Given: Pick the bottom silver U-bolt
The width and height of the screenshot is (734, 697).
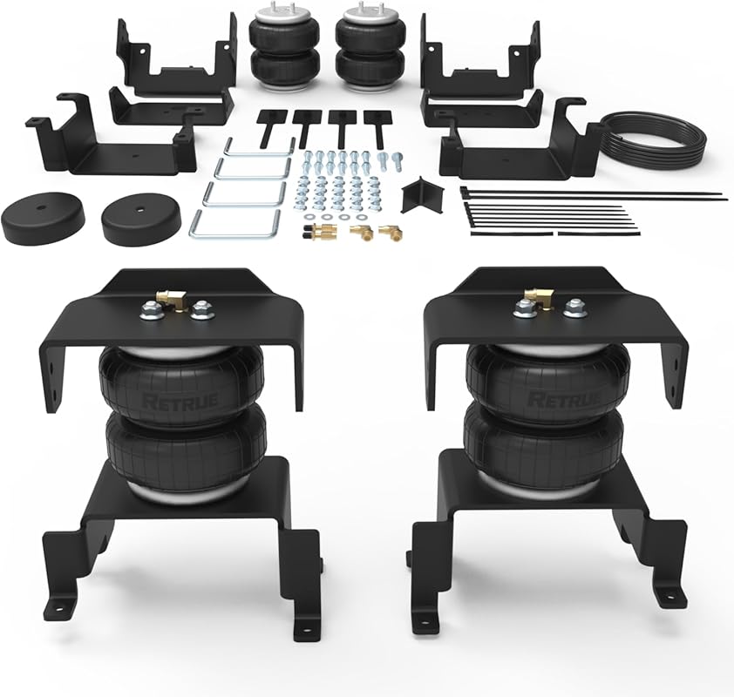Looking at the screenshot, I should [x=233, y=224].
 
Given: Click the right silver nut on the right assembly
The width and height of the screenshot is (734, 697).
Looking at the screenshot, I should [x=574, y=308].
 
